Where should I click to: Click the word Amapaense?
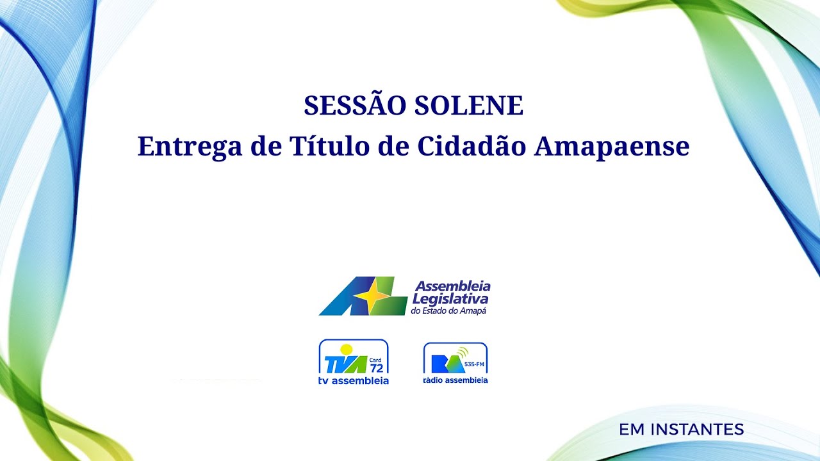tap(612, 147)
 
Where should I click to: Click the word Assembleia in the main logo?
tap(453, 286)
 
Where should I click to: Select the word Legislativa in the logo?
tap(450, 298)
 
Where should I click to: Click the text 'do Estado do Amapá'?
tap(448, 311)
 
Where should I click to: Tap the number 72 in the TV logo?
tap(377, 368)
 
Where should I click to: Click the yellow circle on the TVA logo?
tap(347, 350)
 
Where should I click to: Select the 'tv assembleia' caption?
tap(354, 381)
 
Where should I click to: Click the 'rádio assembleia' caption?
tap(455, 380)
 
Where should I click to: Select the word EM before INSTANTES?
tap(632, 430)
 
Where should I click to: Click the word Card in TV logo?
tap(375, 359)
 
